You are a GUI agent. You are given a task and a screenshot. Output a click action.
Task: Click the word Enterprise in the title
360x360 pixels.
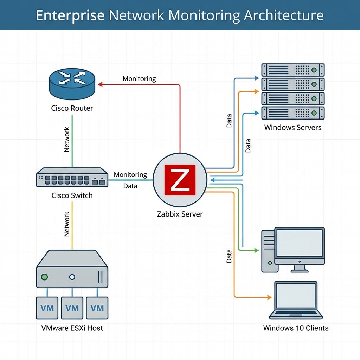pos(70,16)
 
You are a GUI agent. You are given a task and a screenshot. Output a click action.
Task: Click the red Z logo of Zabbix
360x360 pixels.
pos(180,180)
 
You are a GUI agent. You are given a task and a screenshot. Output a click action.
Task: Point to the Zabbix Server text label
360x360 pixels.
pos(180,214)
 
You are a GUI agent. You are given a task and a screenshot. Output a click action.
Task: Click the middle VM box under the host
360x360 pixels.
pos(72,308)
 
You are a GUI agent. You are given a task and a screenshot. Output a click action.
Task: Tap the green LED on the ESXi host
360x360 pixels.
pos(45,277)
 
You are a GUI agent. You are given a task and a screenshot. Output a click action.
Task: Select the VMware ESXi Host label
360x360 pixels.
pos(72,328)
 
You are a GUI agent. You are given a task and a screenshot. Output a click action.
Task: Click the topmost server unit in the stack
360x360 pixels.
pos(293,70)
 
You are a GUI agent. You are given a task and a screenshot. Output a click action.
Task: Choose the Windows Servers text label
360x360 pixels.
pos(293,127)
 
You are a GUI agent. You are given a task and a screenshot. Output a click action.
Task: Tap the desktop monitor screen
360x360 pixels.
pos(299,243)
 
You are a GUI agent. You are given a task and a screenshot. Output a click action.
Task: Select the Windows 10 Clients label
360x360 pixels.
pos(296,328)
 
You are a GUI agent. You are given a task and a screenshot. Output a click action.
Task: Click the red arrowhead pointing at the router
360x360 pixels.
pos(100,84)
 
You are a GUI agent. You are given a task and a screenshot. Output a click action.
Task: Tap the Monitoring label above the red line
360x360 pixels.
pos(139,79)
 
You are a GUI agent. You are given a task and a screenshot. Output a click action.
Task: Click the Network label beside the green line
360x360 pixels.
pos(67,140)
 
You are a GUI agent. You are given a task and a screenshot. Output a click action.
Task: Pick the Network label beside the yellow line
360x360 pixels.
pos(67,224)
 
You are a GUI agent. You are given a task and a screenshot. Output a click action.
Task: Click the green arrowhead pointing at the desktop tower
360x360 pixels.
pos(257,250)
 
